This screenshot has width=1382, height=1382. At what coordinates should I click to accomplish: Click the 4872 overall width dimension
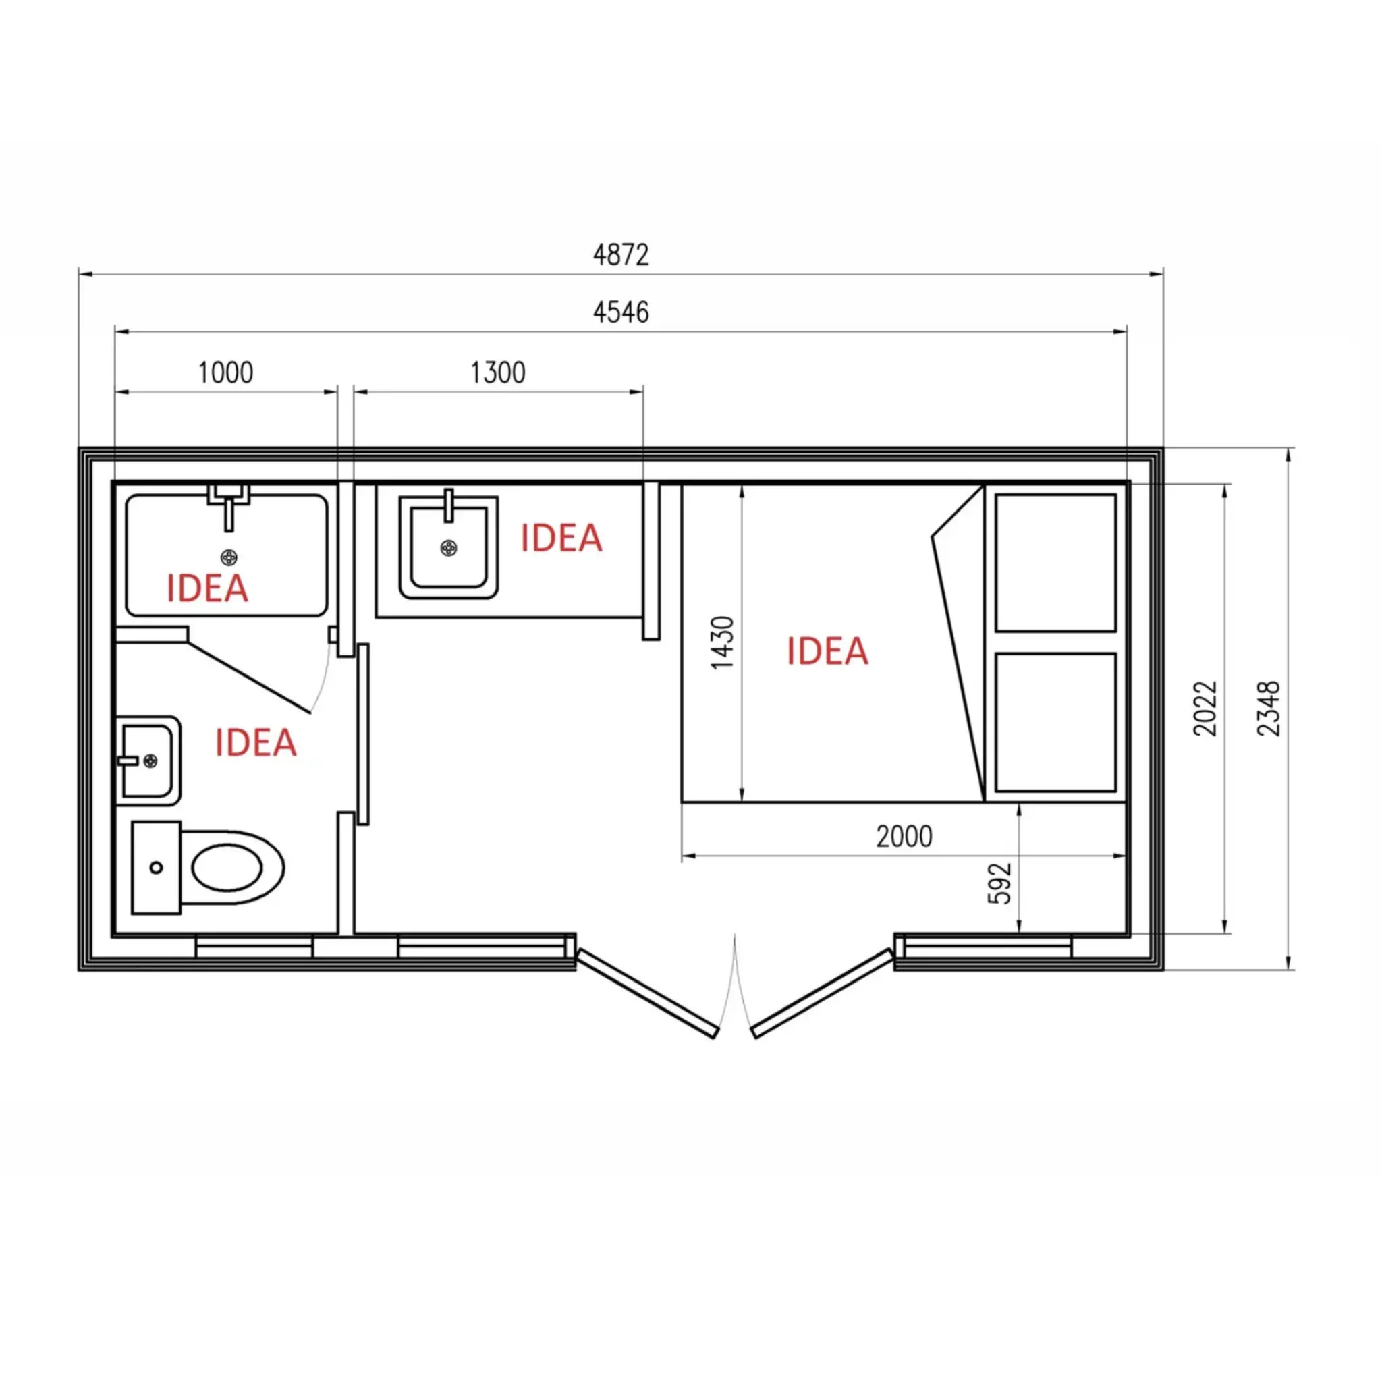[621, 255]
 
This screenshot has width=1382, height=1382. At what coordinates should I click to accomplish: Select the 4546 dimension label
[621, 312]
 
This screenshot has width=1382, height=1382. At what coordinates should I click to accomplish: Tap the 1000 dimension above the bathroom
[225, 372]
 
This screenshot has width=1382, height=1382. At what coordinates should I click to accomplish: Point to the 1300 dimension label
[498, 372]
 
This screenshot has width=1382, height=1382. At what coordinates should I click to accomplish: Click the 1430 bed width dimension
[723, 642]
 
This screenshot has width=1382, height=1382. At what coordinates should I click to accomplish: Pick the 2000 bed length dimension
[904, 836]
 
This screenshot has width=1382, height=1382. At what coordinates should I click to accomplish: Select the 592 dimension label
[999, 884]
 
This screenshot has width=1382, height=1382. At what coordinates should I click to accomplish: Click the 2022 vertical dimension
[1205, 708]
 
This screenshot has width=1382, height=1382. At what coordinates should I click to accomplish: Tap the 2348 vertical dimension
[1268, 708]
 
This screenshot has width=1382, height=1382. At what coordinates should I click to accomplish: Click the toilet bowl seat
[227, 868]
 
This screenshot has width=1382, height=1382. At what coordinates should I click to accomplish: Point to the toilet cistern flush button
[156, 868]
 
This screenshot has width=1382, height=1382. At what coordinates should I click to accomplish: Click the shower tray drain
[229, 557]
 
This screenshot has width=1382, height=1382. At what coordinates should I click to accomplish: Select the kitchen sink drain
[449, 549]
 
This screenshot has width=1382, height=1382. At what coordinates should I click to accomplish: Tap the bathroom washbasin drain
[150, 761]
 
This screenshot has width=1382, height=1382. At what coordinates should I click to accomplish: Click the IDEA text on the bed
[827, 651]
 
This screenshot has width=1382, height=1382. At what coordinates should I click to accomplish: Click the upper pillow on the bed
[1056, 563]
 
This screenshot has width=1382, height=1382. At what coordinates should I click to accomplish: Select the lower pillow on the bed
[1056, 723]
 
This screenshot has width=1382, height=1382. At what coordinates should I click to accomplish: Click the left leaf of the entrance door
[646, 993]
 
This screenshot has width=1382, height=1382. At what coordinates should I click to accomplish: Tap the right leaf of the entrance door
[823, 993]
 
